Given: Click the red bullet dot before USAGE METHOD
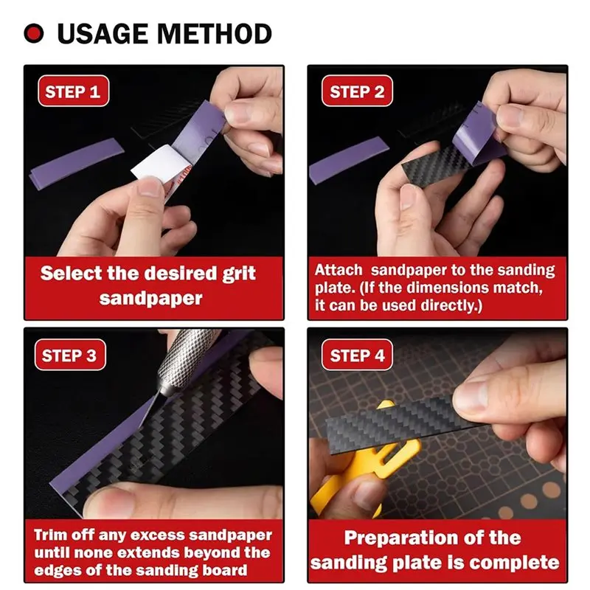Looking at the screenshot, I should point(34,34).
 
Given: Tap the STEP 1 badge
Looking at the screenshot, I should point(72,92).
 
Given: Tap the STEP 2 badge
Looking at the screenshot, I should point(357,92).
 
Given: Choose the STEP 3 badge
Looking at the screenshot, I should point(69,355).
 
